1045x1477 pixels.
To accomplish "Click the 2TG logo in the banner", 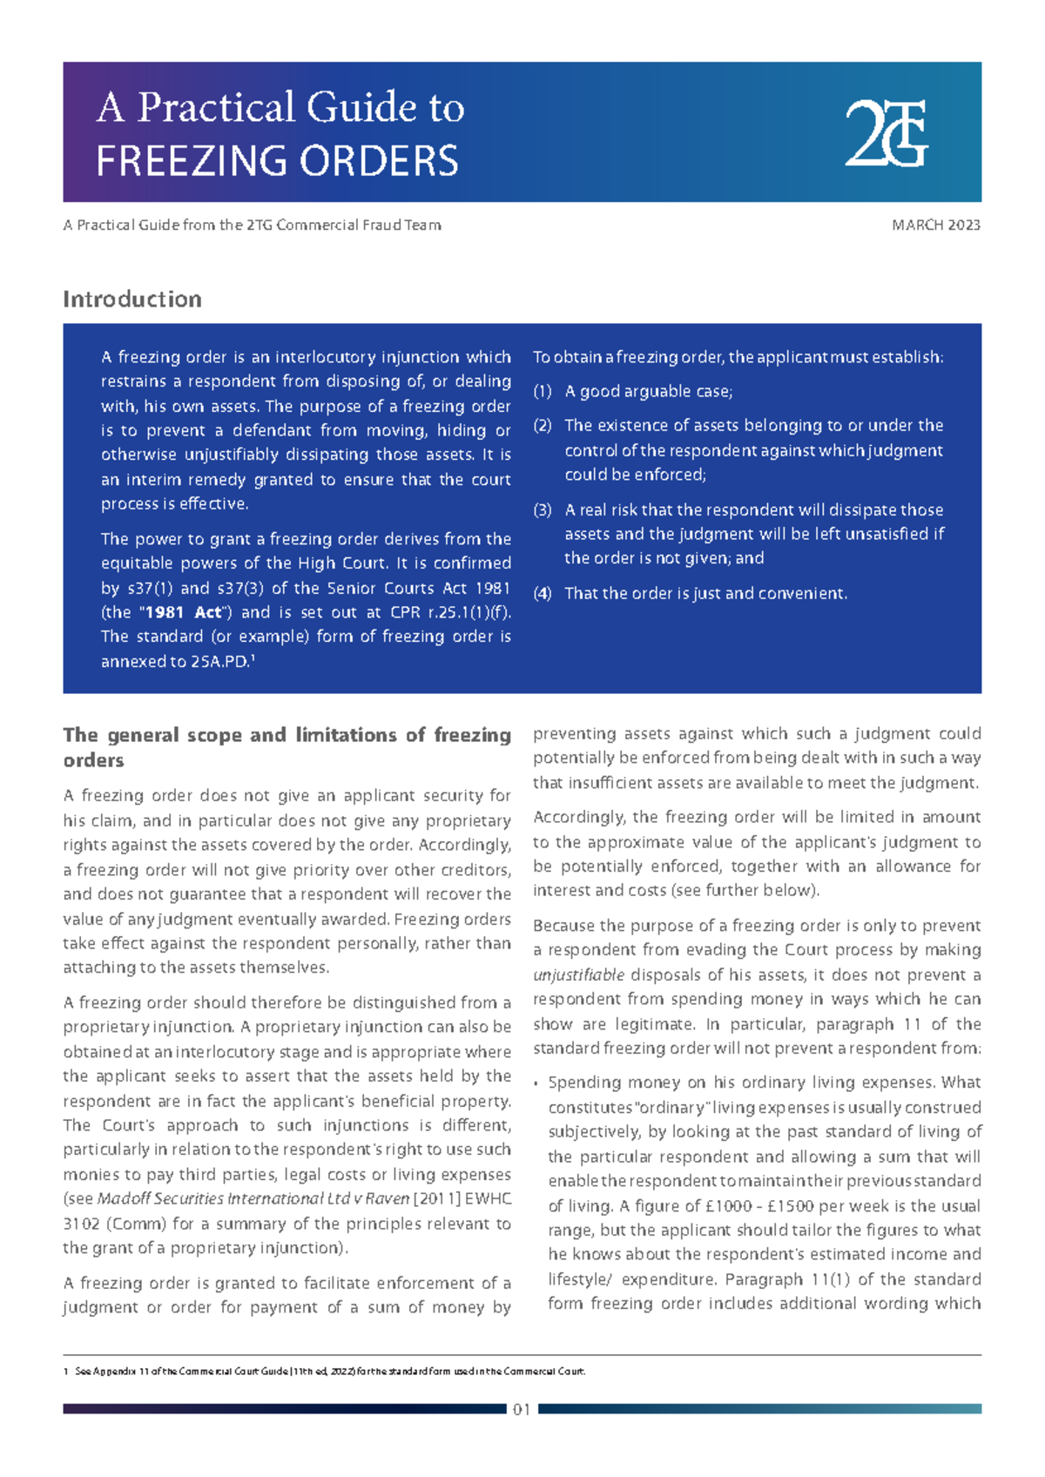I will tap(886, 133).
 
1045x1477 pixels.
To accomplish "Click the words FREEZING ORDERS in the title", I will tap(277, 161).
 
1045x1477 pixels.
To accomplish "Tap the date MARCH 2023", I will tap(936, 225).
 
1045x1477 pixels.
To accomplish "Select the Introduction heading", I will tap(132, 299).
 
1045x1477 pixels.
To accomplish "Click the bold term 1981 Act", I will tap(183, 612).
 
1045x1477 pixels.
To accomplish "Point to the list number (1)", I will tap(543, 392).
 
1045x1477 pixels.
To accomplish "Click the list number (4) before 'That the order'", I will tap(543, 594).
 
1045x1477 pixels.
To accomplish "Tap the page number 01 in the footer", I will tap(522, 1409).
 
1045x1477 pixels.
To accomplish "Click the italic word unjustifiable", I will tap(578, 975).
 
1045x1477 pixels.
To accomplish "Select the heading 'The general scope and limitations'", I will tap(287, 746).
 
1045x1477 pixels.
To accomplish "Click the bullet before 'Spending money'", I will tap(536, 1084).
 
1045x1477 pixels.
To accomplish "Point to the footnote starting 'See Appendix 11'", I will tap(329, 1371).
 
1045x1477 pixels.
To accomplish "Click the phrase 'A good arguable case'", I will tap(648, 392).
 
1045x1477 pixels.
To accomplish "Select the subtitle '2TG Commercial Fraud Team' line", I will tap(252, 225).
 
